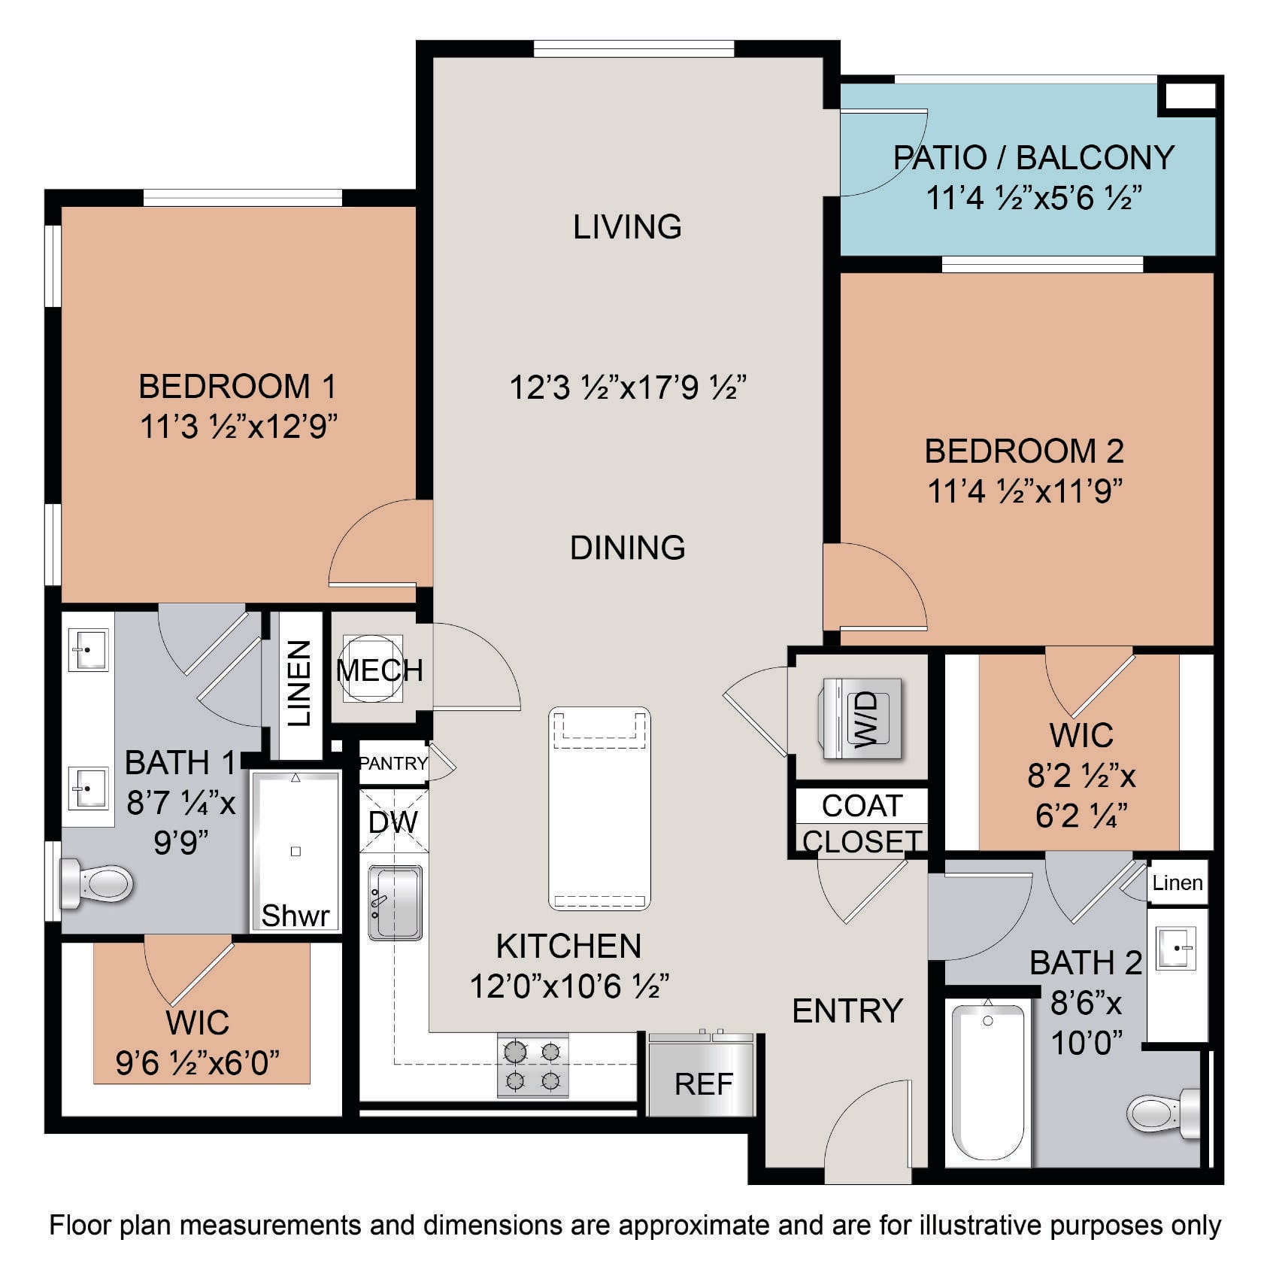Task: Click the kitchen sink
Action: [x=395, y=903]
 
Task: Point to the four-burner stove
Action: [x=532, y=1065]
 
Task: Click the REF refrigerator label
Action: [x=704, y=1084]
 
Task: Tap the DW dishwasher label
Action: [x=393, y=822]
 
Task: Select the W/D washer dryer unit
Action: [x=862, y=719]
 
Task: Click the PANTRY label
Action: [x=393, y=764]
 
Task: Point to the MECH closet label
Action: [x=380, y=670]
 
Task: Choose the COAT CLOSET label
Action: [x=862, y=823]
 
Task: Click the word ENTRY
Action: [x=847, y=1011]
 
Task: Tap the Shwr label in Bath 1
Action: [x=296, y=916]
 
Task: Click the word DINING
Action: [x=628, y=548]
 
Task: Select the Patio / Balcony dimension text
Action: [x=1034, y=199]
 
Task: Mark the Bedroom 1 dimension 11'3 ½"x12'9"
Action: [x=238, y=427]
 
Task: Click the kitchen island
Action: [x=599, y=809]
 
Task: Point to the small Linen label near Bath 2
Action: [x=1178, y=883]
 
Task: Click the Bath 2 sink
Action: [x=1174, y=949]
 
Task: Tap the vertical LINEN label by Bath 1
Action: [x=299, y=684]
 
